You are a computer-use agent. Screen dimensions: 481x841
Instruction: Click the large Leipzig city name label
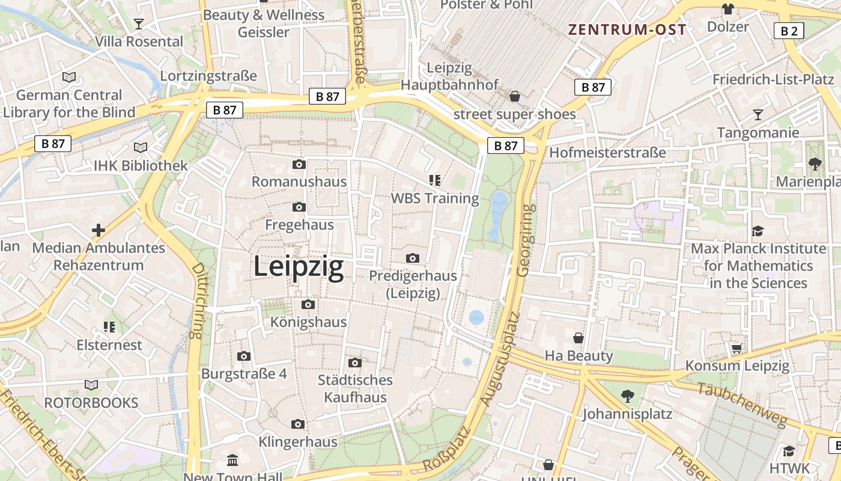click(x=299, y=266)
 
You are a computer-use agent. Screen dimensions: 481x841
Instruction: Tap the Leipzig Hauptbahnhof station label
click(x=450, y=76)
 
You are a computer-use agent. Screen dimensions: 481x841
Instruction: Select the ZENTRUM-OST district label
click(x=628, y=29)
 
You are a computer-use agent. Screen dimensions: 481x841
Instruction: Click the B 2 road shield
click(x=789, y=31)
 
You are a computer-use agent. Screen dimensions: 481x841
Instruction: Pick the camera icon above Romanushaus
click(x=299, y=165)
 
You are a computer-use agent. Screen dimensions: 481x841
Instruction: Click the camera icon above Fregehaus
click(x=299, y=207)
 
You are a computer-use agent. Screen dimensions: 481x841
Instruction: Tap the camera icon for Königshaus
click(x=308, y=304)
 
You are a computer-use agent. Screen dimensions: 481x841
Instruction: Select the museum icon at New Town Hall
click(x=232, y=461)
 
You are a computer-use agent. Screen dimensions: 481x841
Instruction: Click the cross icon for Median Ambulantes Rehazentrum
click(x=99, y=230)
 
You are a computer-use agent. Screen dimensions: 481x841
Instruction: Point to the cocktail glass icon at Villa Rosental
click(x=139, y=24)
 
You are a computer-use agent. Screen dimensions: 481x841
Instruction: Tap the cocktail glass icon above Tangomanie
click(x=758, y=114)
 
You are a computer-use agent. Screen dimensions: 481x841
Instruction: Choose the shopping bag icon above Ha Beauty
click(x=578, y=338)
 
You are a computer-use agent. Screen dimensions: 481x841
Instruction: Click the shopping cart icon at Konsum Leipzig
click(x=737, y=348)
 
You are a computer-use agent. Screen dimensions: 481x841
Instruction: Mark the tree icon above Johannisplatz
click(x=627, y=396)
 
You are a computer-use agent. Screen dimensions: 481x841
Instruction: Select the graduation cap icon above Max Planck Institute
click(x=758, y=231)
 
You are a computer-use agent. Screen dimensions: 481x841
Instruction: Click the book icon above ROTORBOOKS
click(x=91, y=385)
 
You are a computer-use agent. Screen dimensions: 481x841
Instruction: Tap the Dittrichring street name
click(x=197, y=301)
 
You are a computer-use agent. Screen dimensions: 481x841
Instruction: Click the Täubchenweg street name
click(x=741, y=403)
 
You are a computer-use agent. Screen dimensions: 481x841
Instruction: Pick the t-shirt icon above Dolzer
click(x=728, y=9)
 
